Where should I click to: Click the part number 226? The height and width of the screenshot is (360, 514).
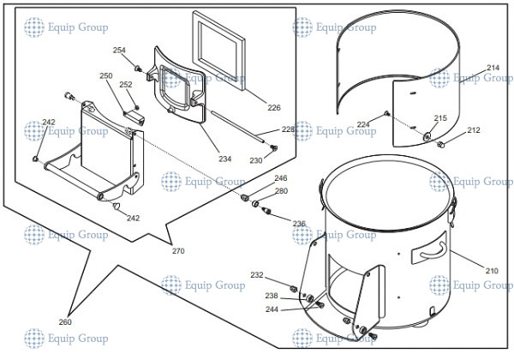tap(273, 107)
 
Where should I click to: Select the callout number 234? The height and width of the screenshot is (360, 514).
tap(224, 159)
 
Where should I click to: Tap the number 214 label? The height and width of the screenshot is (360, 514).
tap(493, 68)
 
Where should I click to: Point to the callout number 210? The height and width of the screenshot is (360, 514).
tap(491, 271)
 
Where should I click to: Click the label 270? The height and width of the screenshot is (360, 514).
tap(178, 251)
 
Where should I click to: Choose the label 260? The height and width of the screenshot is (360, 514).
tap(65, 322)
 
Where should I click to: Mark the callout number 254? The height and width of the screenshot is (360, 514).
tap(119, 51)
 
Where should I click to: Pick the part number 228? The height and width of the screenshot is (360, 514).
tap(288, 129)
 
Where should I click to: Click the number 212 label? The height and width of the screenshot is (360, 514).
tap(473, 130)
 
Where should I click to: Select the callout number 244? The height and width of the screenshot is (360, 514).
tap(272, 309)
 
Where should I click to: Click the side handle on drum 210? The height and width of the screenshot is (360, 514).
tap(428, 254)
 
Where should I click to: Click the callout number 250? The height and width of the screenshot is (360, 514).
tap(105, 76)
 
